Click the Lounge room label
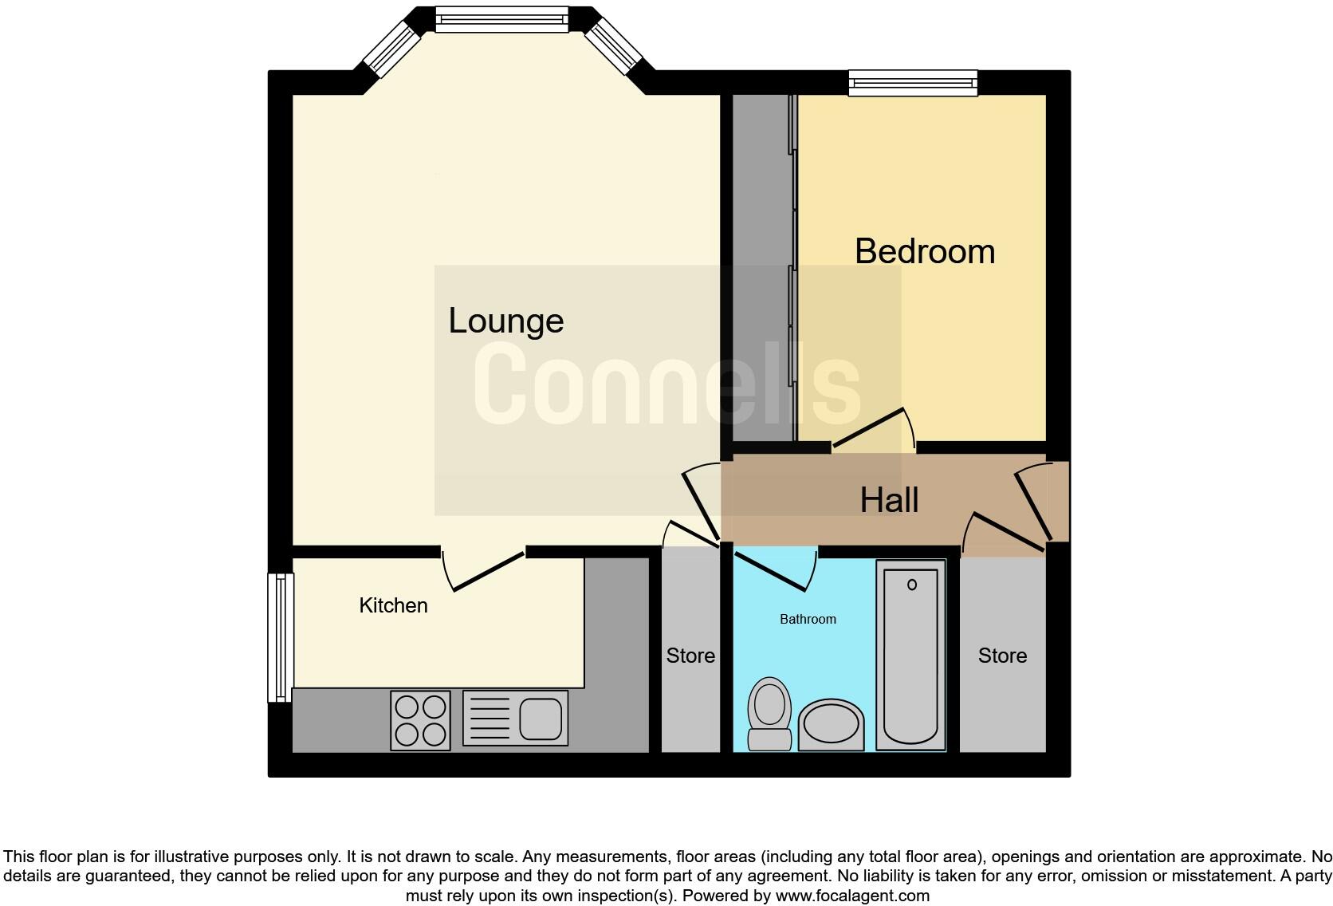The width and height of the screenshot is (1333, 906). [505, 321]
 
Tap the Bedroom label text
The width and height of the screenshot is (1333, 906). [924, 252]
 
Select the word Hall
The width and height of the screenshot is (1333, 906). [889, 501]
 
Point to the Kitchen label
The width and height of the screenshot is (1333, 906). [393, 605]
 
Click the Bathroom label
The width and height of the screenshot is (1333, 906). [808, 619]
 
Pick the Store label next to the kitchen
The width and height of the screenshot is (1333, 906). [690, 656]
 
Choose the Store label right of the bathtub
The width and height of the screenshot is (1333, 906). [1002, 656]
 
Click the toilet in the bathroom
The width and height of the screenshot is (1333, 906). [769, 712]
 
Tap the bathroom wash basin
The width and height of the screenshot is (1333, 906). [831, 725]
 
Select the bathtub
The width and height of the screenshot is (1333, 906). [910, 654]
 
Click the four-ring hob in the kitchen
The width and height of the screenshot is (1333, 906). [420, 720]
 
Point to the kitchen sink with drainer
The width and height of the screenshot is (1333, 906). [515, 718]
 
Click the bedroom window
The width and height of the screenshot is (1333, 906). [913, 82]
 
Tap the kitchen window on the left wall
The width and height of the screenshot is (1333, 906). [280, 637]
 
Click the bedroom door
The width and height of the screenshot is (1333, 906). [871, 429]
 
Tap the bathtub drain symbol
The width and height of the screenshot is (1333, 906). [911, 585]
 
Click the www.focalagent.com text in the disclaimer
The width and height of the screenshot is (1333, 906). [851, 896]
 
